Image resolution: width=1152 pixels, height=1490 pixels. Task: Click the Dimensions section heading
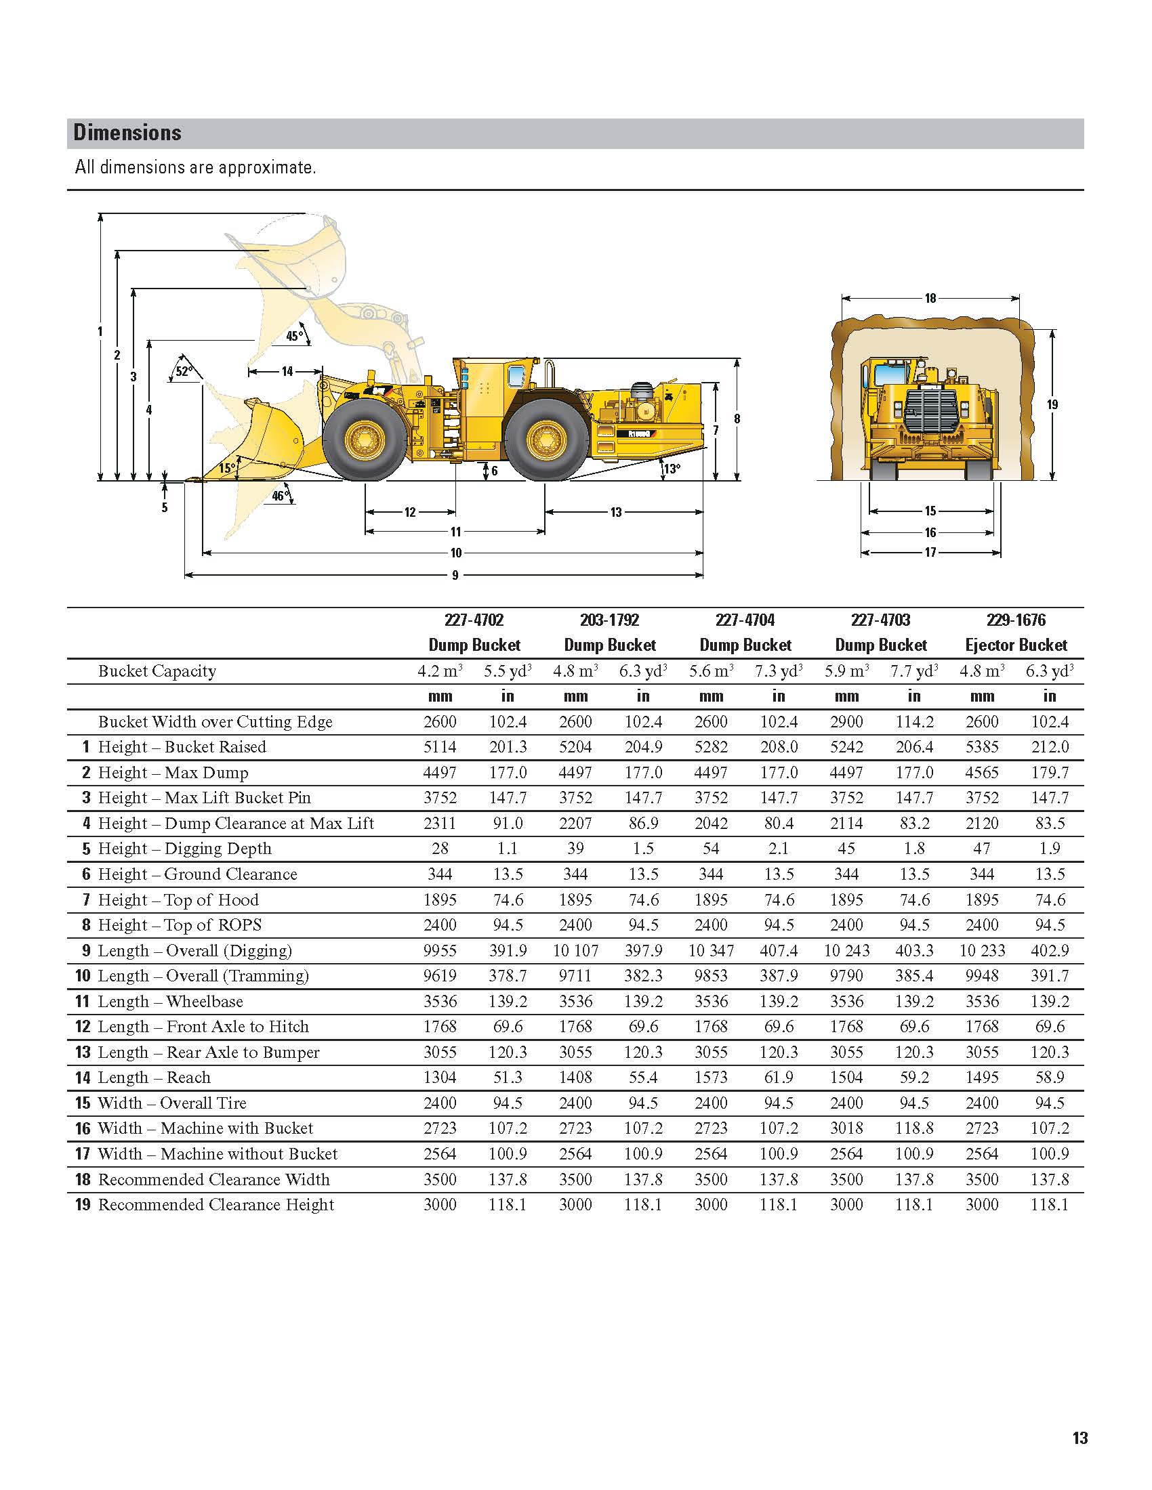click(x=127, y=132)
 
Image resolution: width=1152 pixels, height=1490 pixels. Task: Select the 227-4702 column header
click(x=474, y=620)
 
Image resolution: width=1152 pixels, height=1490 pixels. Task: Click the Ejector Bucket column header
click(x=1016, y=645)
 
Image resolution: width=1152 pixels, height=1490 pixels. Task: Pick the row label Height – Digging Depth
click(x=184, y=849)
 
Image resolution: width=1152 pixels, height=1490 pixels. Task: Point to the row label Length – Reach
click(x=155, y=1078)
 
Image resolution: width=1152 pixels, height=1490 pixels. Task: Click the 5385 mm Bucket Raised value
click(x=982, y=747)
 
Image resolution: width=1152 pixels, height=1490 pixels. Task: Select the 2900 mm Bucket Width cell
click(x=846, y=722)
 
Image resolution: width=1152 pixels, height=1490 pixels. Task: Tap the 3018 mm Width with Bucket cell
click(x=846, y=1128)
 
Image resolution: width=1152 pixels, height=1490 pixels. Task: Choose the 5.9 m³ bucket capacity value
click(x=846, y=671)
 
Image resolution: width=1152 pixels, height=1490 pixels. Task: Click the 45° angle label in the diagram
click(x=294, y=337)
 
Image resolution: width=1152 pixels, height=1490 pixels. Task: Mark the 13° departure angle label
click(x=672, y=469)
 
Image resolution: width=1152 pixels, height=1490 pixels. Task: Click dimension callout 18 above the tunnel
click(x=930, y=298)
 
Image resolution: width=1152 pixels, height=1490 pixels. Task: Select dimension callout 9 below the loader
click(x=455, y=575)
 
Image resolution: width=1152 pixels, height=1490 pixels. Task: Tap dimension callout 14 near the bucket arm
click(x=287, y=372)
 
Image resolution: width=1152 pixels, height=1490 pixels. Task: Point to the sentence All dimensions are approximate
click(x=195, y=168)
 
